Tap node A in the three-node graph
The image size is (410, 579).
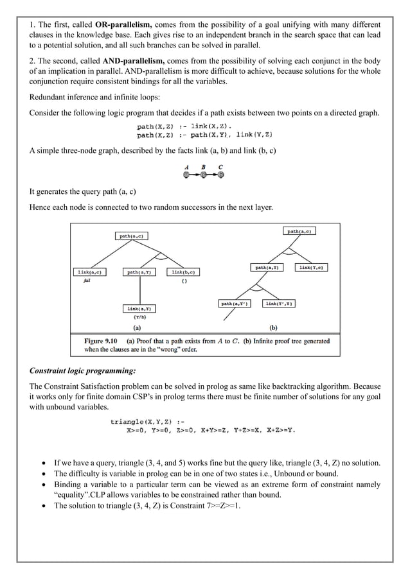pyautogui.click(x=186, y=174)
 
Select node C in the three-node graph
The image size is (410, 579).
pyautogui.click(x=220, y=174)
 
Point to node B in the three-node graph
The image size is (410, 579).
pyautogui.click(x=203, y=174)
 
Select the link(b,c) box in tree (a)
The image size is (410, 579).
pyautogui.click(x=183, y=272)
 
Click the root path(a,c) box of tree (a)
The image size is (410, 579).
pyautogui.click(x=132, y=236)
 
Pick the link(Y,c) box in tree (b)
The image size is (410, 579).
pyautogui.click(x=311, y=267)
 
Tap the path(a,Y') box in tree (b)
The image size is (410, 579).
pyautogui.click(x=235, y=304)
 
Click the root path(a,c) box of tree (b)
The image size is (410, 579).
pyautogui.click(x=300, y=231)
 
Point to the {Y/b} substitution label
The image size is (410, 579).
pyautogui.click(x=139, y=317)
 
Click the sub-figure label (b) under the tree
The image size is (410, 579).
pyautogui.click(x=273, y=327)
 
